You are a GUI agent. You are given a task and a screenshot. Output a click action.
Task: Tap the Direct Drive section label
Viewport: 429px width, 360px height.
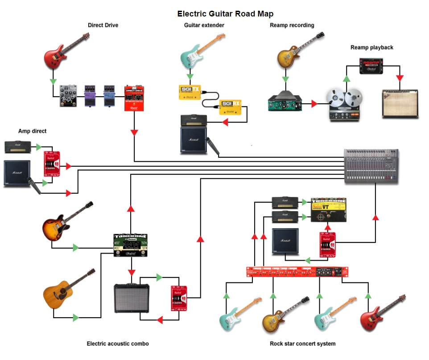(103, 25)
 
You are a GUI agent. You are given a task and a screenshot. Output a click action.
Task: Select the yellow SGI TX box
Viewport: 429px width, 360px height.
(190, 92)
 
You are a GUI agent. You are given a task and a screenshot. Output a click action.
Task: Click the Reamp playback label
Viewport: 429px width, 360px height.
(372, 48)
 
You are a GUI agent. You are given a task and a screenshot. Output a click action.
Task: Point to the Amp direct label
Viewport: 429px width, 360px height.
(32, 131)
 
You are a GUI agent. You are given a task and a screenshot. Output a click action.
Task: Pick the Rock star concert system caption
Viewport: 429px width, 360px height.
(302, 344)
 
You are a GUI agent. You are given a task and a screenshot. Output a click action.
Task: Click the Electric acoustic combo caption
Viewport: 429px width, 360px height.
(118, 344)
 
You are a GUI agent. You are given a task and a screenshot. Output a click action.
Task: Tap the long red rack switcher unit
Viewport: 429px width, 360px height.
(297, 271)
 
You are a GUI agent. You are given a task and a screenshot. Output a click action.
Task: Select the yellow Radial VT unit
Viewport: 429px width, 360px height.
(329, 209)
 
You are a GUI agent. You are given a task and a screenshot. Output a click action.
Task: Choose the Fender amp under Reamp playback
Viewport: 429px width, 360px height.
(400, 103)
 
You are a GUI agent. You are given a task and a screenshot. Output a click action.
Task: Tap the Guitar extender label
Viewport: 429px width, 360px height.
(204, 25)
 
